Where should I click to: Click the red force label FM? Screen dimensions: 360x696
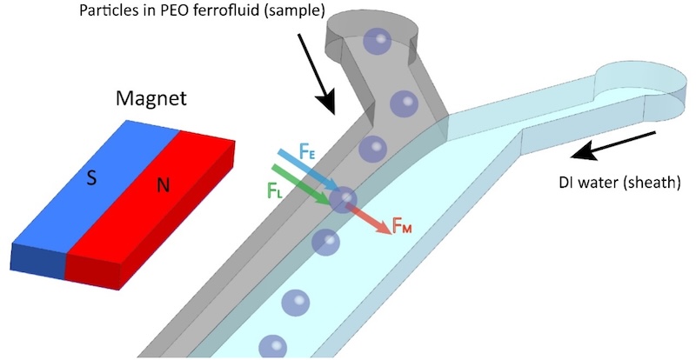pyautogui.click(x=401, y=228)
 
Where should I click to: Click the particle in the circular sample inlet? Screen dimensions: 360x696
pyautogui.click(x=377, y=41)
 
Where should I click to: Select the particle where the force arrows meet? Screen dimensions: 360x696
pyautogui.click(x=344, y=200)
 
